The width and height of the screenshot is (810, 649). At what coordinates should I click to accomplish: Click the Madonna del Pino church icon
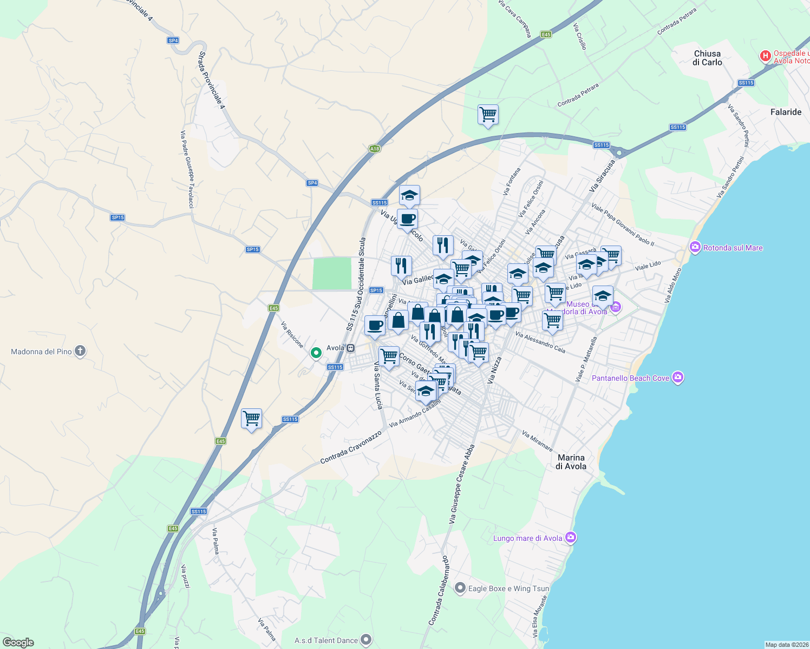(x=80, y=352)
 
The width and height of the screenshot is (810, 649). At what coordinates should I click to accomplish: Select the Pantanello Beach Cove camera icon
(x=678, y=378)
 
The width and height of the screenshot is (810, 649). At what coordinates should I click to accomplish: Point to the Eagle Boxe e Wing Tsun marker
(x=460, y=588)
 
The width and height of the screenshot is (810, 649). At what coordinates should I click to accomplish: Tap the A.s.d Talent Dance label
(x=326, y=640)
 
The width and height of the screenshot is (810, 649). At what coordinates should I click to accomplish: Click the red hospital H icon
(x=765, y=56)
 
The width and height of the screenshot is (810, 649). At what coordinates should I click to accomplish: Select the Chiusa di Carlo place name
(x=707, y=58)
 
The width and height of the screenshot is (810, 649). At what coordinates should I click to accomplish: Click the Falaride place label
(x=786, y=112)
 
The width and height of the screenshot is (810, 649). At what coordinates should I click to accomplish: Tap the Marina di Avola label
(x=571, y=462)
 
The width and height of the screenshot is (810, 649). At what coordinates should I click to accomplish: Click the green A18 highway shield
(x=374, y=148)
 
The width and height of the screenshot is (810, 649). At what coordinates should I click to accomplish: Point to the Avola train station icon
(x=351, y=348)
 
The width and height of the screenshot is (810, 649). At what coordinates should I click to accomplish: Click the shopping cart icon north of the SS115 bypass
(x=488, y=114)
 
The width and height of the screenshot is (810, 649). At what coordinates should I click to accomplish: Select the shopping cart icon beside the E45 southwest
(x=251, y=418)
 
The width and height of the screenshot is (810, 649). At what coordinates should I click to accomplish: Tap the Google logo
(x=18, y=642)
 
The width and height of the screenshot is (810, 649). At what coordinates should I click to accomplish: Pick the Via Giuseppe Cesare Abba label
(x=461, y=485)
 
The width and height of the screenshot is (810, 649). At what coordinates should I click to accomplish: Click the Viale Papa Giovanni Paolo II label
(x=623, y=224)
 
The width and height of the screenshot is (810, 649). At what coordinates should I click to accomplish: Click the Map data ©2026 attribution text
(x=787, y=645)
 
